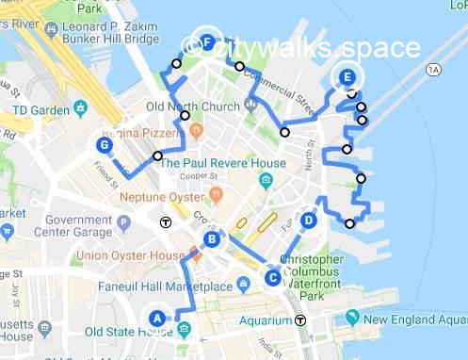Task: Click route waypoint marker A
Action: click(156, 318)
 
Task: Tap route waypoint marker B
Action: click(213, 239)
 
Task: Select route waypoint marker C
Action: click(272, 277)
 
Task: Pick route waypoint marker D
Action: click(309, 220)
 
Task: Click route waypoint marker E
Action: click(347, 76)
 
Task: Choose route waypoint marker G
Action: click(105, 144)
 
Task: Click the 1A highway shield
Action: click(433, 69)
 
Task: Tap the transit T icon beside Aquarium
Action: click(300, 319)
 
